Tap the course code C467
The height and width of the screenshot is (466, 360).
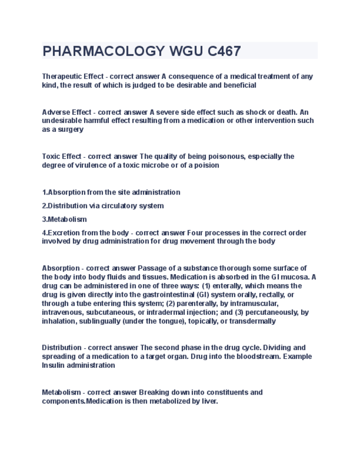224,52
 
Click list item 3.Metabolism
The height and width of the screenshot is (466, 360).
64,219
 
